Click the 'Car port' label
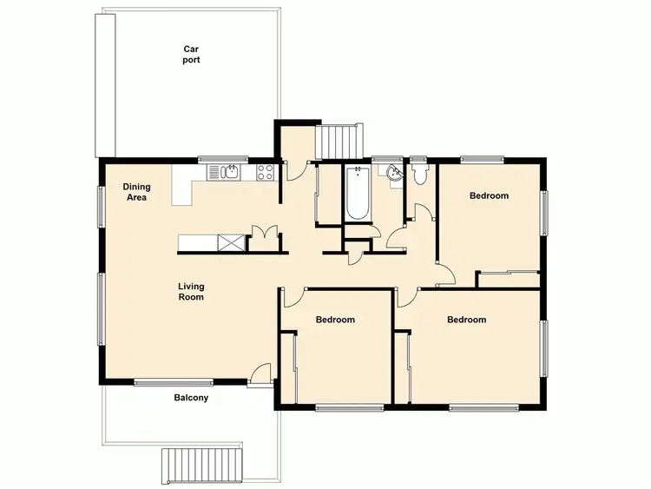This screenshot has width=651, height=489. click(191, 54)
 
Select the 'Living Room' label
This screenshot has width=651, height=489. click(191, 291)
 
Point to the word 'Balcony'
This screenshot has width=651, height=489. click(191, 398)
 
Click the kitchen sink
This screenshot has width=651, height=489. click(229, 171)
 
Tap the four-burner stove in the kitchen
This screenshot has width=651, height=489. click(266, 172)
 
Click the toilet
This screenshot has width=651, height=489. click(420, 175)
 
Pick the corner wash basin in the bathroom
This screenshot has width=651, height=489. click(393, 173)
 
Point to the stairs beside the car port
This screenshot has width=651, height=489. click(339, 139)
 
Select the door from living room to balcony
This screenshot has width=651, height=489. click(259, 374)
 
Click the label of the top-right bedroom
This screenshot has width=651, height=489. click(489, 195)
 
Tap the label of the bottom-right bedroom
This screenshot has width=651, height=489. click(466, 320)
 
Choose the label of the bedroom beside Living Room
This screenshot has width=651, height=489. click(335, 320)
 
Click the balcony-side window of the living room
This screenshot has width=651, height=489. click(174, 381)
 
